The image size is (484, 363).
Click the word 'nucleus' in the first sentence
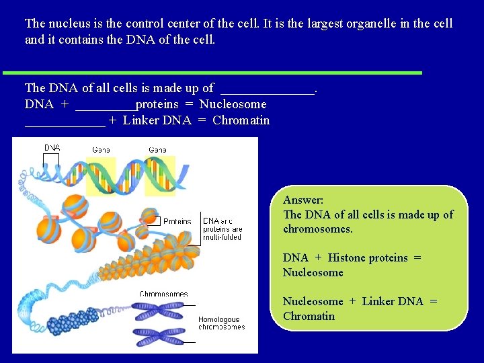point(69,24)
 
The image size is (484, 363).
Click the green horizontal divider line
point(212,72)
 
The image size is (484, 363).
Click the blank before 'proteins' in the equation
point(105,105)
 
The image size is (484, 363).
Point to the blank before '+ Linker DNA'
point(65,122)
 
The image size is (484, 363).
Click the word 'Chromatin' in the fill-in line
point(241,121)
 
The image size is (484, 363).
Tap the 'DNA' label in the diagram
point(52,147)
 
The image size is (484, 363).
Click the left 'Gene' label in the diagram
point(101,149)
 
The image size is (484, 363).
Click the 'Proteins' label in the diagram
point(177,221)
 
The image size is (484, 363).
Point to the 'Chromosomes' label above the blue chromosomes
point(163,294)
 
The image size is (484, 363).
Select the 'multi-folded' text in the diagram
point(223,237)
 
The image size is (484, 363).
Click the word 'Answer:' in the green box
point(303,200)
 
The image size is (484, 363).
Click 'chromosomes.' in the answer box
point(317,229)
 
